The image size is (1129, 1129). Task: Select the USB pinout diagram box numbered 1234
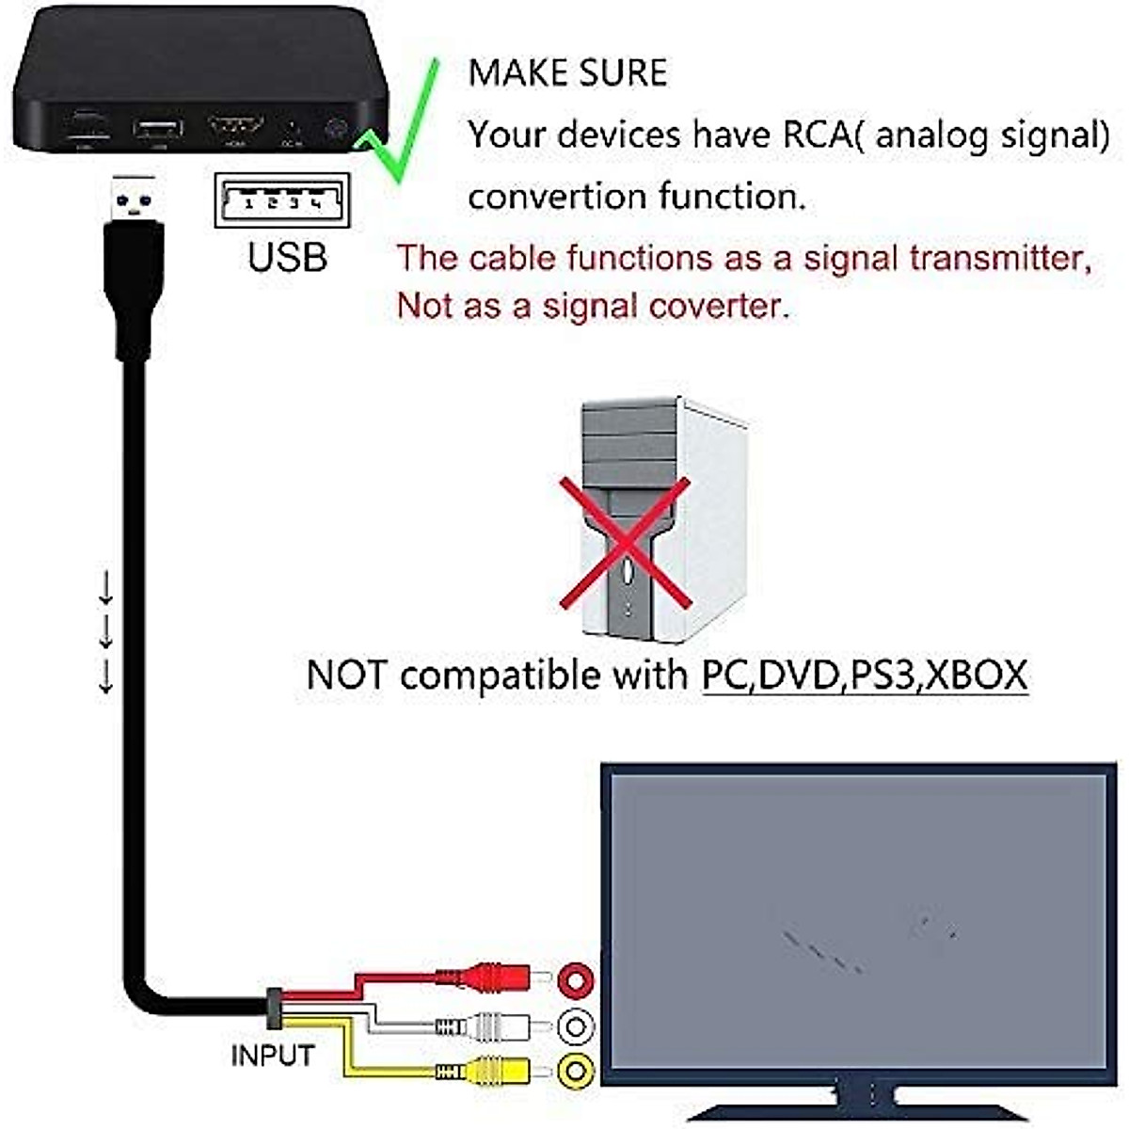pyautogui.click(x=282, y=200)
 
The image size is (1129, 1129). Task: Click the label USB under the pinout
pyautogui.click(x=287, y=257)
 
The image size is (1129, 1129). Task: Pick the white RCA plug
pyautogui.click(x=489, y=1025)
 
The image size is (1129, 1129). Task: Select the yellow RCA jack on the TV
pyautogui.click(x=575, y=1070)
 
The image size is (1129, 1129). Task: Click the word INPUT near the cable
pyautogui.click(x=272, y=1055)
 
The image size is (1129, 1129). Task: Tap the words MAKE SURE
pyautogui.click(x=567, y=73)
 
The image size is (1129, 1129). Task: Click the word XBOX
pyautogui.click(x=976, y=676)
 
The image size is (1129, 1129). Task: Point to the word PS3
pyautogui.click(x=883, y=676)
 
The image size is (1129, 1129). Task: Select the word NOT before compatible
pyautogui.click(x=346, y=676)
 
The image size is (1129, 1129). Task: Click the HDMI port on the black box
pyautogui.click(x=235, y=127)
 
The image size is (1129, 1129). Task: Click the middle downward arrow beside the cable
pyautogui.click(x=106, y=631)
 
